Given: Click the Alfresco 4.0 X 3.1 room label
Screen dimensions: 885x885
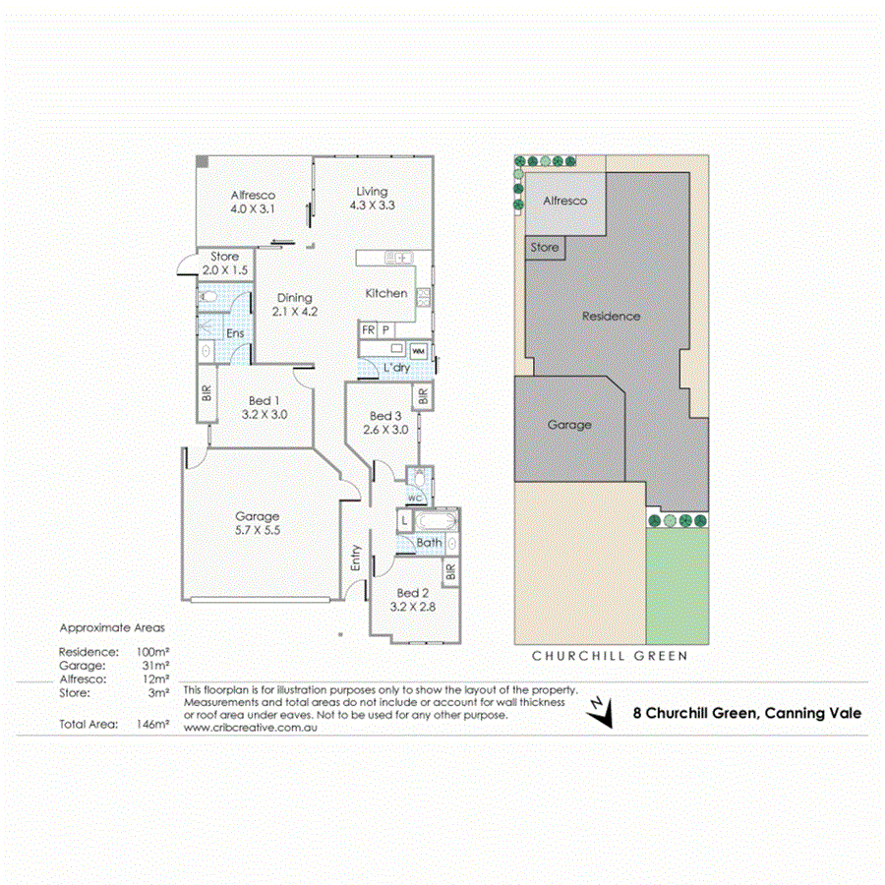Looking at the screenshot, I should click(253, 202).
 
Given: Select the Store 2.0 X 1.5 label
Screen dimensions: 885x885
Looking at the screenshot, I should click(224, 264).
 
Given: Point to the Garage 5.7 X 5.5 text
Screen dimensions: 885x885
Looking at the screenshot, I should click(257, 523).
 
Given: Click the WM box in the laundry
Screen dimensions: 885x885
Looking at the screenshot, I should click(418, 351).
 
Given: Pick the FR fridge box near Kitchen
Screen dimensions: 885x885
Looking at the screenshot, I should click(368, 330).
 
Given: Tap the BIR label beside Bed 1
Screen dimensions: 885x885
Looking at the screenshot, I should click(206, 392).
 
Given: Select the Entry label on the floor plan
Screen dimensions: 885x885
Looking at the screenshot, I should click(355, 558).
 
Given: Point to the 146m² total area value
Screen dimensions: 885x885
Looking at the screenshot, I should click(155, 724).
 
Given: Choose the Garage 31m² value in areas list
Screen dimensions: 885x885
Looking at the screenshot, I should click(155, 665).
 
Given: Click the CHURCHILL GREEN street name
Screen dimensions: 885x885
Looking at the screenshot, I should click(609, 655).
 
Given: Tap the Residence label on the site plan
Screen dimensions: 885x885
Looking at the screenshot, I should click(611, 316).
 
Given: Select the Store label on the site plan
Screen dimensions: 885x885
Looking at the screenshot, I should click(545, 248).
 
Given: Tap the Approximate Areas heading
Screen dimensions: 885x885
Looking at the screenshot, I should click(113, 626).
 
